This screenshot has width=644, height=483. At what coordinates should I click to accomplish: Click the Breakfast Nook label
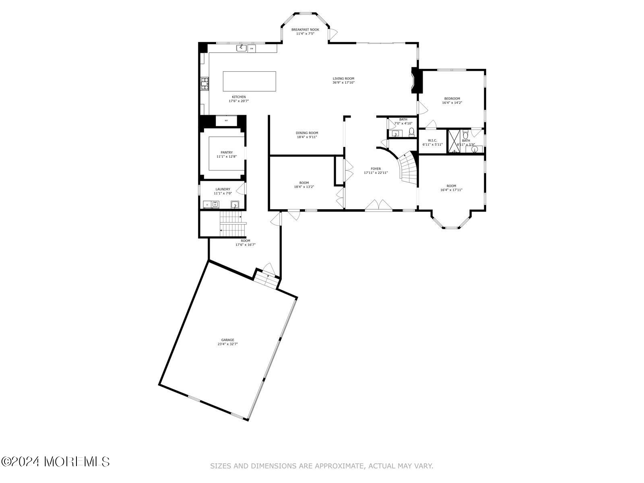point(305,30)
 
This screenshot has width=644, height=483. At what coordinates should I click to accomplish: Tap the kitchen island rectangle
point(250,81)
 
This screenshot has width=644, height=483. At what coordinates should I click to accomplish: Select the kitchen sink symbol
point(241,48)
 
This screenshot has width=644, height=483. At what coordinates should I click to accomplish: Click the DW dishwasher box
point(252,48)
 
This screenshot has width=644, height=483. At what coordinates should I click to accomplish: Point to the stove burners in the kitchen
point(204,83)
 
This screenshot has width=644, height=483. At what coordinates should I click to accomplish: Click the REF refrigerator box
point(226,121)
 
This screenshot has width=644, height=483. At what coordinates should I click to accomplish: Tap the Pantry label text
point(227,153)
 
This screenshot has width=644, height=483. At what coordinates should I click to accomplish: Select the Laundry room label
point(223,189)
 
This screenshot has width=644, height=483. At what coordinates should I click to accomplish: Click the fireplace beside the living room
point(415,80)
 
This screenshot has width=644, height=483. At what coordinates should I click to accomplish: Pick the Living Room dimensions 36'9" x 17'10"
point(343,83)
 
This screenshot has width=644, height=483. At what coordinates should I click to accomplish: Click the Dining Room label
point(307,133)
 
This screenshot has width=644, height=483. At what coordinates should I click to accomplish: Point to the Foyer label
point(376,169)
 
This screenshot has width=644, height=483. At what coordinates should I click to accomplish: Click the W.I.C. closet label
point(432,140)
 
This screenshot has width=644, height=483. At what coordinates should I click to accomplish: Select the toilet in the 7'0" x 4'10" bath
point(411,132)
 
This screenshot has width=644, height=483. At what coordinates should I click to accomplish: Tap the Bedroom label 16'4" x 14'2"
point(452,99)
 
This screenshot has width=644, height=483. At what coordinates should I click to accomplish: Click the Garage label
point(227,340)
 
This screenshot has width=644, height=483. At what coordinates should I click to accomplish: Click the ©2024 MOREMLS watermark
point(55,462)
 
